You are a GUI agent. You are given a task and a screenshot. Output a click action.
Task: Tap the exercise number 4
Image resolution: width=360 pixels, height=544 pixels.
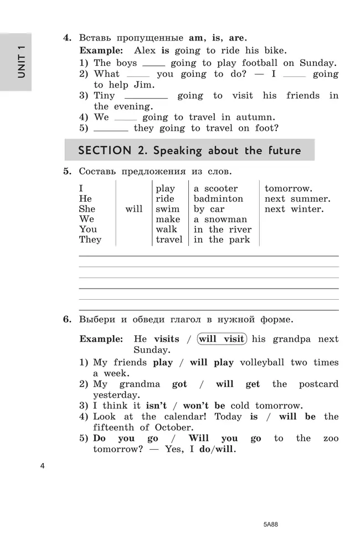click(x=67, y=38)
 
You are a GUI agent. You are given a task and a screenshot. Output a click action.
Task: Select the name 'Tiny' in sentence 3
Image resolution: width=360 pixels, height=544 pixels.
click(x=105, y=96)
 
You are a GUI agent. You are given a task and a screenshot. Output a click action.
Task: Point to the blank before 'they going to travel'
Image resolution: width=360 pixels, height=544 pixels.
click(x=111, y=130)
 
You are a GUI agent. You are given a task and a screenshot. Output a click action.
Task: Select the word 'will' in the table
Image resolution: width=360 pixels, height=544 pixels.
click(x=133, y=209)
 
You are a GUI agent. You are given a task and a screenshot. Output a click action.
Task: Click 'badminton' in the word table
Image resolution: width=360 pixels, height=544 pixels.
click(x=218, y=199)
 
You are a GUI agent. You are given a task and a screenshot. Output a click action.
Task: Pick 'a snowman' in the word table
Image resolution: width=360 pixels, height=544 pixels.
click(x=220, y=219)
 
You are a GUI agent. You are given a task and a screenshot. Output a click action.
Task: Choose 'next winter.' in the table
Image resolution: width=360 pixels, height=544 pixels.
click(x=294, y=209)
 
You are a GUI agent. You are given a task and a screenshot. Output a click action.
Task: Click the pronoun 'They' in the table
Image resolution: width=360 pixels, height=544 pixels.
click(x=90, y=240)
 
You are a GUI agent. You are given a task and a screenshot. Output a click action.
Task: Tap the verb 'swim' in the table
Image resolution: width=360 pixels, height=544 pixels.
click(x=167, y=209)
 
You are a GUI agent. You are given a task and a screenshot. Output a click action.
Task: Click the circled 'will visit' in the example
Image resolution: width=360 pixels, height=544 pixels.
click(x=221, y=339)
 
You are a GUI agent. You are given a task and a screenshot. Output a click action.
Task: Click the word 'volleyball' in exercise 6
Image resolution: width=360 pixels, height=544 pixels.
click(x=260, y=363)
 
